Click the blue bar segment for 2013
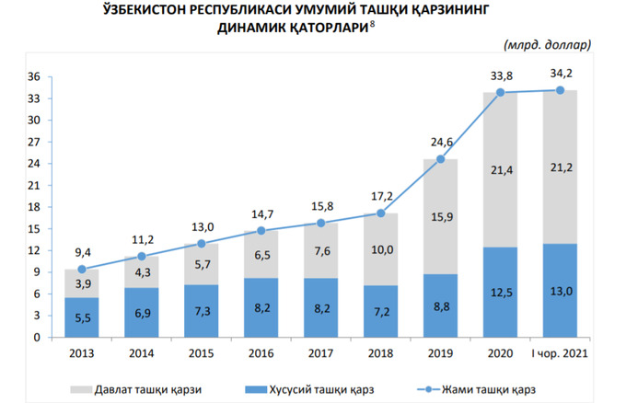coord(82,317)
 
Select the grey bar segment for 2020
coord(500,170)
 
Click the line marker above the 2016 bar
coord(261,231)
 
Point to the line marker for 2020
coord(500,92)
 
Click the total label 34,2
coord(560,73)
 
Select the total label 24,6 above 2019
coord(440,142)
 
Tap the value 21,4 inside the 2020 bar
coord(500,170)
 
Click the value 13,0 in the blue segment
coord(560,290)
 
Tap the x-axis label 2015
coord(202,352)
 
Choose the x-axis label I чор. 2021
coord(560,352)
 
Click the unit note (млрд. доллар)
coord(547,44)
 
